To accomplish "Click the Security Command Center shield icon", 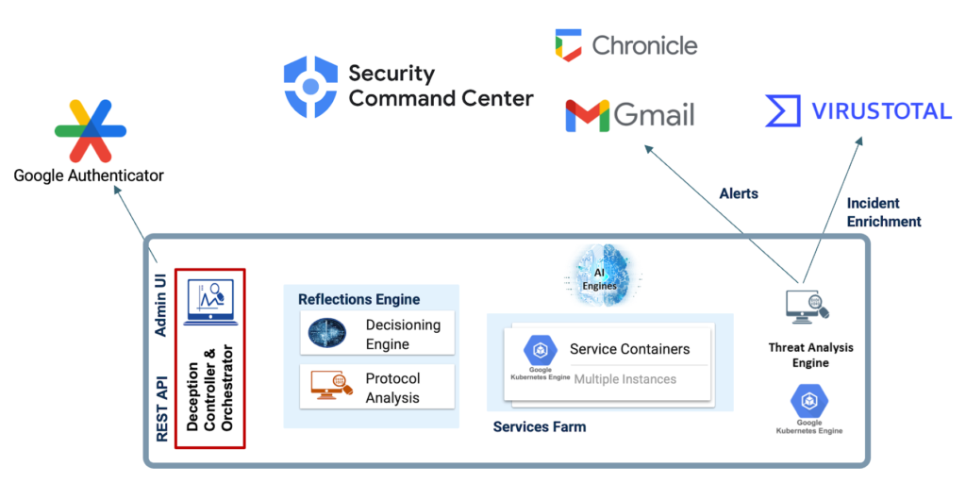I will click(309, 87).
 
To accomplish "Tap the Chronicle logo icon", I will click(568, 44).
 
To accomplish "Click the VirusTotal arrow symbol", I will click(783, 111).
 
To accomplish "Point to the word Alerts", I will click(740, 193).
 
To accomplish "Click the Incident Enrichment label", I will click(884, 212).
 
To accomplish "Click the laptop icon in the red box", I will click(210, 303).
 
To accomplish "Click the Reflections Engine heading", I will click(358, 299).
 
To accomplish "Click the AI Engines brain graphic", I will click(605, 276).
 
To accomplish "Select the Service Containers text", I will click(629, 349).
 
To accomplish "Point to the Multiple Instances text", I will click(625, 379).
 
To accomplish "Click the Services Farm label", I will click(539, 427).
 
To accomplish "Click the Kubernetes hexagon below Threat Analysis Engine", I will click(808, 402).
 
